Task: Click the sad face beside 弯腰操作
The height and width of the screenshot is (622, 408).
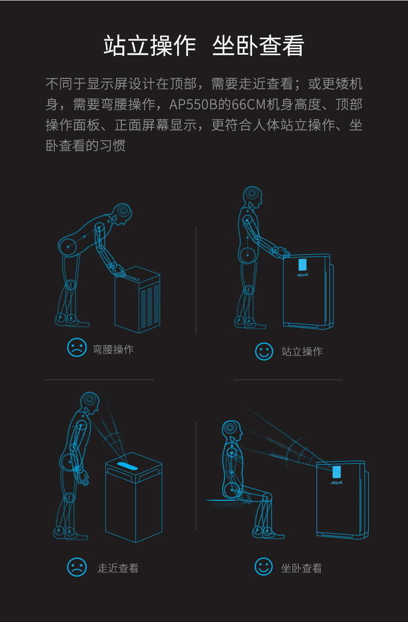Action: pyautogui.click(x=77, y=348)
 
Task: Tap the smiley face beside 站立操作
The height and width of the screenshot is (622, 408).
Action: pyautogui.click(x=264, y=351)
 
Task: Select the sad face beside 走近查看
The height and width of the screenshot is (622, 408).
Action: pyautogui.click(x=77, y=567)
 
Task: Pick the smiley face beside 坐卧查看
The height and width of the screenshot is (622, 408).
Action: pyautogui.click(x=263, y=566)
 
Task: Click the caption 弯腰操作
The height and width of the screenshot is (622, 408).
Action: pyautogui.click(x=113, y=349)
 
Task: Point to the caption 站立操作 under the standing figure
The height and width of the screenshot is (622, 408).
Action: pyautogui.click(x=302, y=352)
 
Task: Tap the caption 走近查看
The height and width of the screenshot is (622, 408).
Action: pyautogui.click(x=118, y=568)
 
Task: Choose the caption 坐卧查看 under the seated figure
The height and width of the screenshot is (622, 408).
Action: pyautogui.click(x=302, y=568)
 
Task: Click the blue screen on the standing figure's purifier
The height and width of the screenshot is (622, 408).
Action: pyautogui.click(x=302, y=265)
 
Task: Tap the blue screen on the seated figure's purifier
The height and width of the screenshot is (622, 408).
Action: pyautogui.click(x=337, y=472)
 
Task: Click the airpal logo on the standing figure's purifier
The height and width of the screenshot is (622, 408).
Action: pyautogui.click(x=302, y=275)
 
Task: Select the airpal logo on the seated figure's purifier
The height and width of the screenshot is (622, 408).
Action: pyautogui.click(x=337, y=483)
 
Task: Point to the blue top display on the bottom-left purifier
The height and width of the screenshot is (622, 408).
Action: pyautogui.click(x=128, y=466)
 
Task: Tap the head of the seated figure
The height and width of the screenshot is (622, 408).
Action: pyautogui.click(x=231, y=430)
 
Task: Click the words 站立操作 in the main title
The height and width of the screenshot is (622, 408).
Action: pyautogui.click(x=150, y=46)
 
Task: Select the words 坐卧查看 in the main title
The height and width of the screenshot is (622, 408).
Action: pyautogui.click(x=258, y=46)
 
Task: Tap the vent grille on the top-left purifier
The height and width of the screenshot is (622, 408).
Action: pyautogui.click(x=150, y=306)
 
